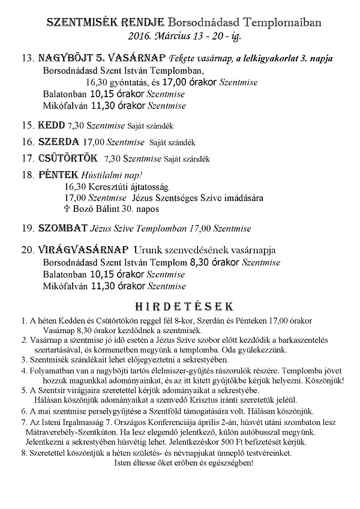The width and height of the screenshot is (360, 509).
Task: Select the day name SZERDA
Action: [59, 142]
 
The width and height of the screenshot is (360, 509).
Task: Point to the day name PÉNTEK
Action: [58, 175]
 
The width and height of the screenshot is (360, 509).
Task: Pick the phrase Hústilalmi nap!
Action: [112, 176]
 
